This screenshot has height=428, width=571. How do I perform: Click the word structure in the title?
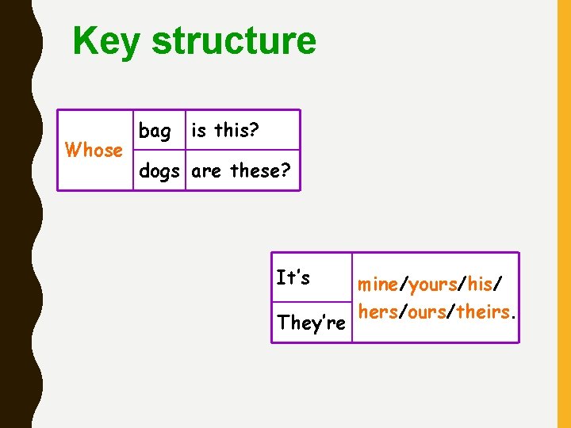coord(233,41)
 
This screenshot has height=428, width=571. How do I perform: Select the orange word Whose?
coord(94,150)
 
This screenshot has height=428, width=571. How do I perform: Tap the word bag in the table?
coord(155,131)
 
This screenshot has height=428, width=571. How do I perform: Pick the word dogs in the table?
coord(159,170)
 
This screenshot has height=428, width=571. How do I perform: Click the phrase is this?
coord(225,130)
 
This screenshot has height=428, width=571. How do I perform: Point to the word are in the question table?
coord(206,170)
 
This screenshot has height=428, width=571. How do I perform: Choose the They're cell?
coord(311,323)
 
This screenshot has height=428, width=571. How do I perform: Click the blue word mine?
coord(377,284)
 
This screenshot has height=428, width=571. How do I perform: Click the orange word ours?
coord(427,311)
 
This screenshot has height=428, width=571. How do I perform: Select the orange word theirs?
coord(482,311)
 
